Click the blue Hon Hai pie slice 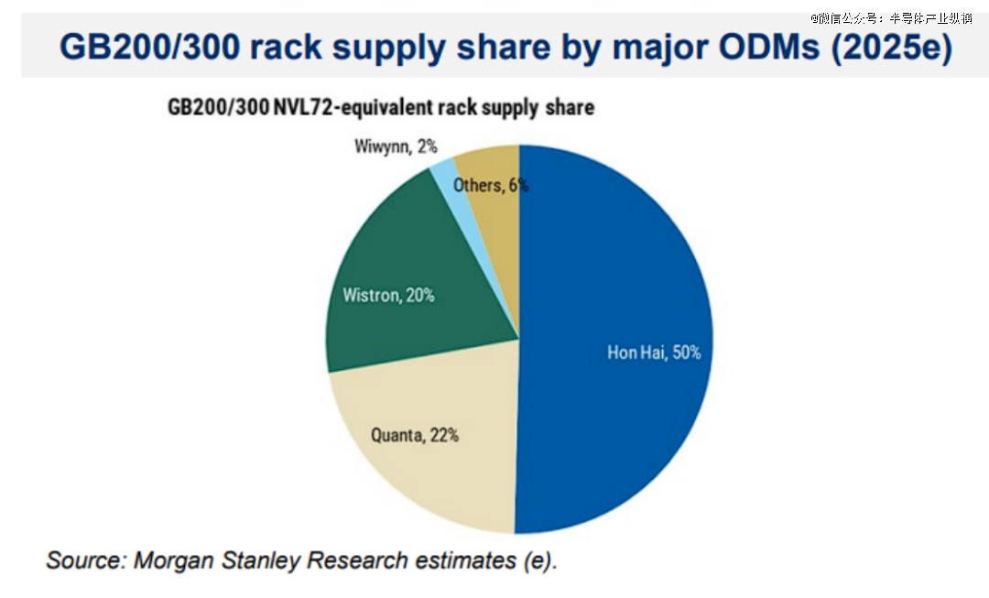[623, 275]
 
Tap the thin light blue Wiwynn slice [446, 171]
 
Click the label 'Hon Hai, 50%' [654, 352]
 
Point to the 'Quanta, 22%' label [414, 436]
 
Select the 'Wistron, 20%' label [388, 296]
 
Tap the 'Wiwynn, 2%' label [395, 147]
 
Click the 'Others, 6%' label [491, 185]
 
